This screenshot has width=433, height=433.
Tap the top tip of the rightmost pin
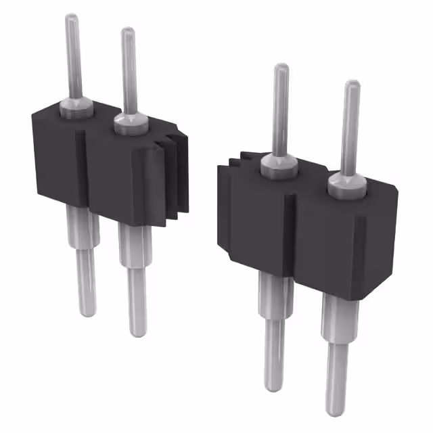(352, 85)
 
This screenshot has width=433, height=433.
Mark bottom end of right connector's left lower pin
(274, 387)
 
